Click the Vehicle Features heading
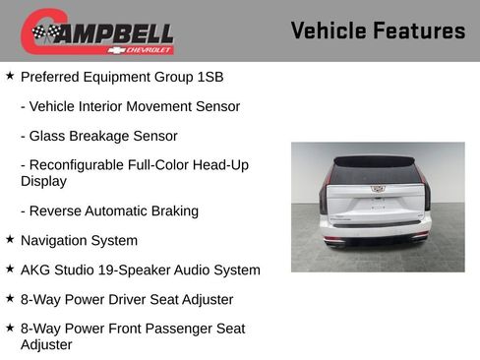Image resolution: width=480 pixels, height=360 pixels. click(378, 31)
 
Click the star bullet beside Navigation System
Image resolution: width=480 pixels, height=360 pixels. click(10, 239)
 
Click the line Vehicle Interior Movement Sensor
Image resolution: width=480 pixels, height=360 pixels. click(130, 105)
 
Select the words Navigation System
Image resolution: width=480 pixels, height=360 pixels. click(79, 240)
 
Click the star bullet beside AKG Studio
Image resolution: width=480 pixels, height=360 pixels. click(10, 269)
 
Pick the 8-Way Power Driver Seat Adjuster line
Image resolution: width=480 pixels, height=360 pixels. click(126, 299)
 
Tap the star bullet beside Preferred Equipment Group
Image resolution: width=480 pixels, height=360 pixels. click(10, 75)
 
